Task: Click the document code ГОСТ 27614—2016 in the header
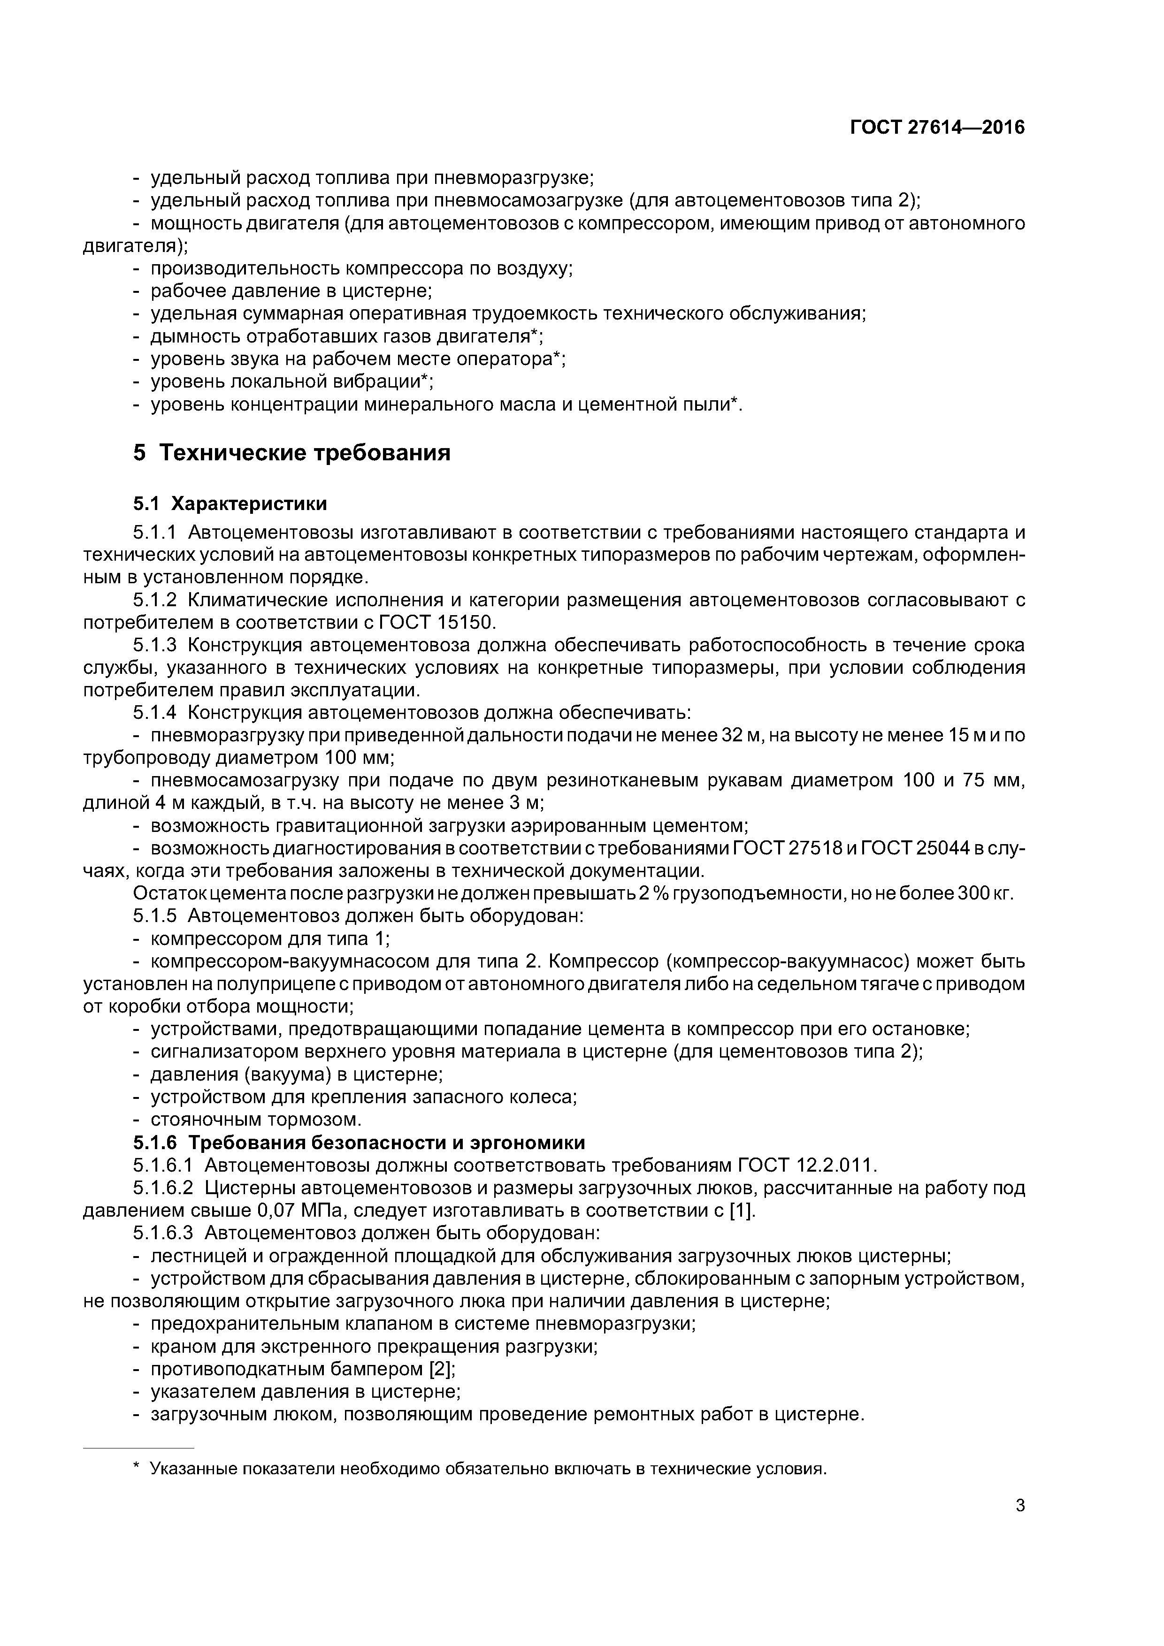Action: [937, 128]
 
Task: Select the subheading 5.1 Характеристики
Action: [230, 504]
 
